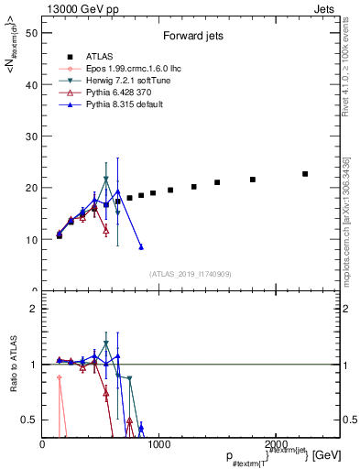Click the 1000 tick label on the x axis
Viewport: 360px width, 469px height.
point(159,444)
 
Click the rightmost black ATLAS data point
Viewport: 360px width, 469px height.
point(305,174)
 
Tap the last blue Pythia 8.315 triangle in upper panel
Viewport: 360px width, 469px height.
point(141,247)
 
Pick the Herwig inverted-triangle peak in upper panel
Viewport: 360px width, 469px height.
point(106,180)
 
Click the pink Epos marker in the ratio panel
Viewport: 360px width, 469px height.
point(60,377)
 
